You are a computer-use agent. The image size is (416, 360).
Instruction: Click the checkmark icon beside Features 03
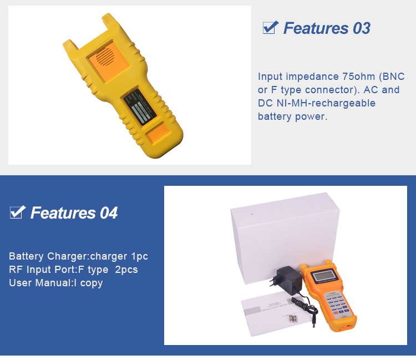[x=270, y=27]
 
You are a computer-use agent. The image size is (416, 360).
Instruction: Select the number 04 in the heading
[x=109, y=212]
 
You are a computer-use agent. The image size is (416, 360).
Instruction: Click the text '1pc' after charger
[x=139, y=257]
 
